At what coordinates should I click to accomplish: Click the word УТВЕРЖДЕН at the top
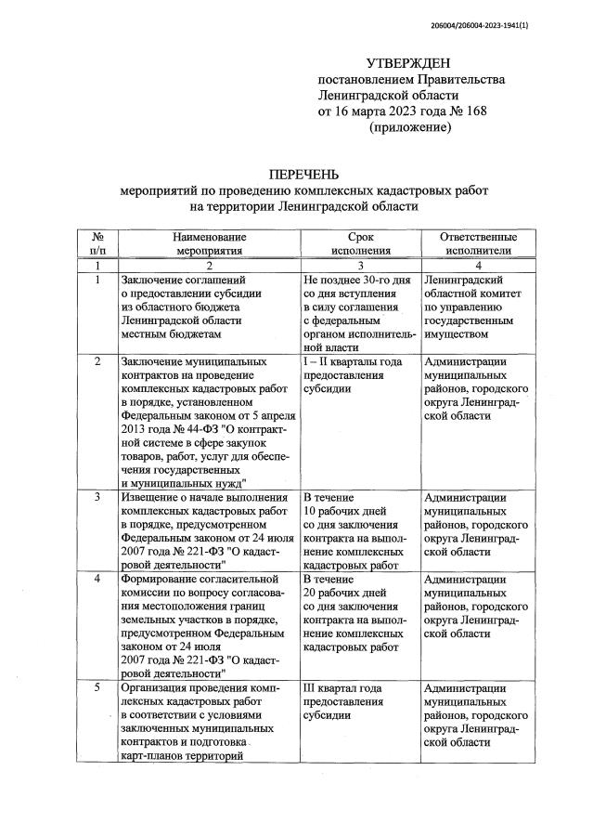(408, 62)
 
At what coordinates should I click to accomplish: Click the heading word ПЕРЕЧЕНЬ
(303, 174)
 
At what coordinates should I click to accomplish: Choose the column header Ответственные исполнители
(478, 243)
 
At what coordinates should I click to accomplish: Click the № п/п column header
(97, 243)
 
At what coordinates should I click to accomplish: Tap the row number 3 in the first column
(97, 498)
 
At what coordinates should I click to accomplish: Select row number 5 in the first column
(97, 688)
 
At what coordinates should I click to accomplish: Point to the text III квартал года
(342, 688)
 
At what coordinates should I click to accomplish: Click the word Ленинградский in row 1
(463, 279)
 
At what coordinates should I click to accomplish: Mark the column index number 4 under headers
(478, 265)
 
